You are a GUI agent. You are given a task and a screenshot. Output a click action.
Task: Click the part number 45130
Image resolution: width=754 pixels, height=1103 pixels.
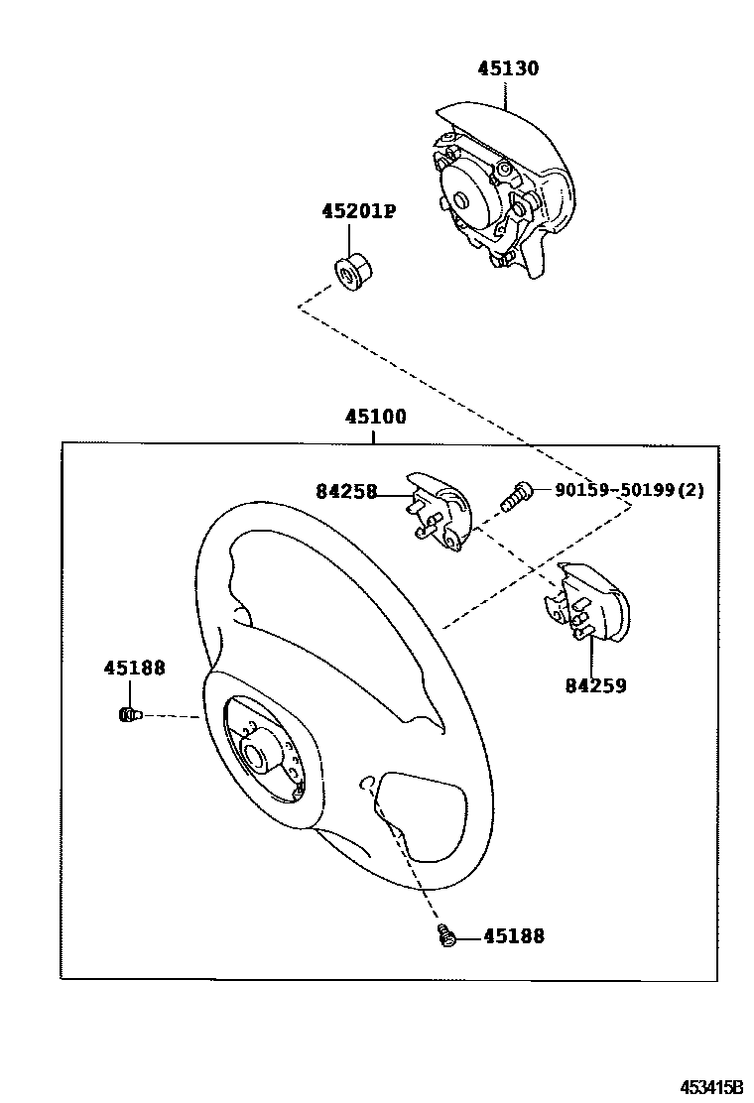pyautogui.click(x=508, y=68)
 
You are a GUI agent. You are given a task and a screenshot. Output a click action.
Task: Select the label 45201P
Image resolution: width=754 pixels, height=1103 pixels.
pyautogui.click(x=358, y=211)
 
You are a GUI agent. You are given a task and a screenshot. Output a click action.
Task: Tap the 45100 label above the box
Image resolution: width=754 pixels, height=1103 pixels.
pyautogui.click(x=375, y=417)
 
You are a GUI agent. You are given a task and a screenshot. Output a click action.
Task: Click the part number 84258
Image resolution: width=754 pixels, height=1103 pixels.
pyautogui.click(x=346, y=490)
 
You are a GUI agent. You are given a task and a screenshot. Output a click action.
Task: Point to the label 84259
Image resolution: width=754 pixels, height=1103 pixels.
pyautogui.click(x=595, y=685)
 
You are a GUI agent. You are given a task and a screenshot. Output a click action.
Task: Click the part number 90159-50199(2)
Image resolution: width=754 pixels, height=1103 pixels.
pyautogui.click(x=629, y=490)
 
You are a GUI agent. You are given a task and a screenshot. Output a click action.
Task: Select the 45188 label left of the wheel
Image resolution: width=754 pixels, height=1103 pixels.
pyautogui.click(x=134, y=669)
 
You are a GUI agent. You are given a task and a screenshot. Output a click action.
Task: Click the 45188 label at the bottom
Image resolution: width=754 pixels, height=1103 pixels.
pyautogui.click(x=513, y=935)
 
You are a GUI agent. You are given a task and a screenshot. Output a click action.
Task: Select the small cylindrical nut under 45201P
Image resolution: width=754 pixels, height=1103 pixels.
pyautogui.click(x=350, y=272)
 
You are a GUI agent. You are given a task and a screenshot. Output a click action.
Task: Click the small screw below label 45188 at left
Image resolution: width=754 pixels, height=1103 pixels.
pyautogui.click(x=128, y=714)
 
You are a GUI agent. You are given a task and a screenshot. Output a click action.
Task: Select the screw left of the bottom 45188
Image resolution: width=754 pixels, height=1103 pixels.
pyautogui.click(x=447, y=934)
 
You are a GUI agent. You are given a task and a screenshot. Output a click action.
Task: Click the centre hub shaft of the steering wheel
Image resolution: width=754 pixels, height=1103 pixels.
pyautogui.click(x=257, y=757)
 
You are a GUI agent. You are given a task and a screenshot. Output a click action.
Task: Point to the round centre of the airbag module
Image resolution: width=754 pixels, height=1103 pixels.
pyautogui.click(x=461, y=198)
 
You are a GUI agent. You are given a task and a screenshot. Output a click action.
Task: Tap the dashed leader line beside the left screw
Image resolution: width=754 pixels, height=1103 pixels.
pyautogui.click(x=174, y=715)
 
